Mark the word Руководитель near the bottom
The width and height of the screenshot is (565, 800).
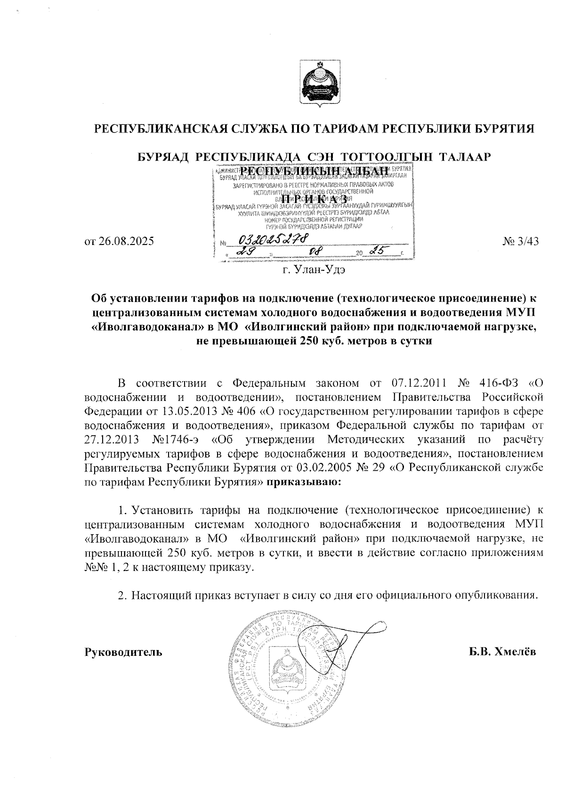(123, 653)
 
